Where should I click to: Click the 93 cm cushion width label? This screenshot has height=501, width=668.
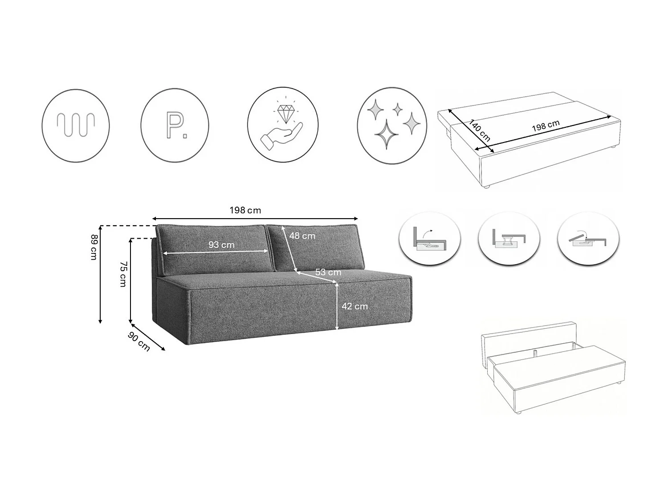pos(221,244)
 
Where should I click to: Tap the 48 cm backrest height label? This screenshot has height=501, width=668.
pos(302,236)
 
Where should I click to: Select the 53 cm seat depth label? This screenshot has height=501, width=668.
pos(328,272)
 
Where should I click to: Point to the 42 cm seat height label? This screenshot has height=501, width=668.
pos(354,306)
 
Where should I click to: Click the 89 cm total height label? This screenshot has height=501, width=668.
pos(94,247)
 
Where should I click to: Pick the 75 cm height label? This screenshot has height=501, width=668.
pos(122,274)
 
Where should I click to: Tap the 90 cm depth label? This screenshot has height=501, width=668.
pos(139,341)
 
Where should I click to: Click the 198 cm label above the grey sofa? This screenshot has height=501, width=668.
pos(245,210)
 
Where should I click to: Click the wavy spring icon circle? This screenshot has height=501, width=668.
pos(76,126)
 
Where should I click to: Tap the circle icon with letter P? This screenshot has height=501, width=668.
pos(175,126)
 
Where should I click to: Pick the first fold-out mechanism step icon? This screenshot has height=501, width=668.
pos(430,239)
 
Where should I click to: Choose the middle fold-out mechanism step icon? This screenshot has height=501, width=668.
pos(509,239)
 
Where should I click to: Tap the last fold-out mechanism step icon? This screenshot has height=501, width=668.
pos(588,239)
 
